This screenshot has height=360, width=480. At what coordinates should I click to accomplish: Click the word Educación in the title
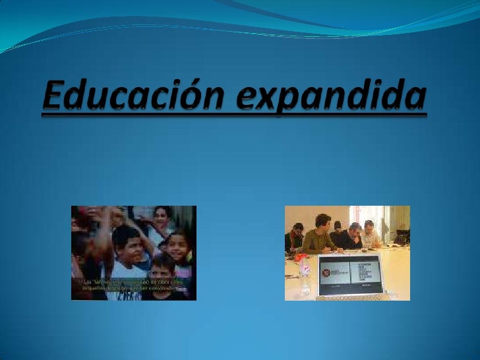[x=135, y=97]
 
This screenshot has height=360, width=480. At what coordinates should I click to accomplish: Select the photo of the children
[x=134, y=253]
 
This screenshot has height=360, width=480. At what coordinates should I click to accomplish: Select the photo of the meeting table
[x=347, y=253]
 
